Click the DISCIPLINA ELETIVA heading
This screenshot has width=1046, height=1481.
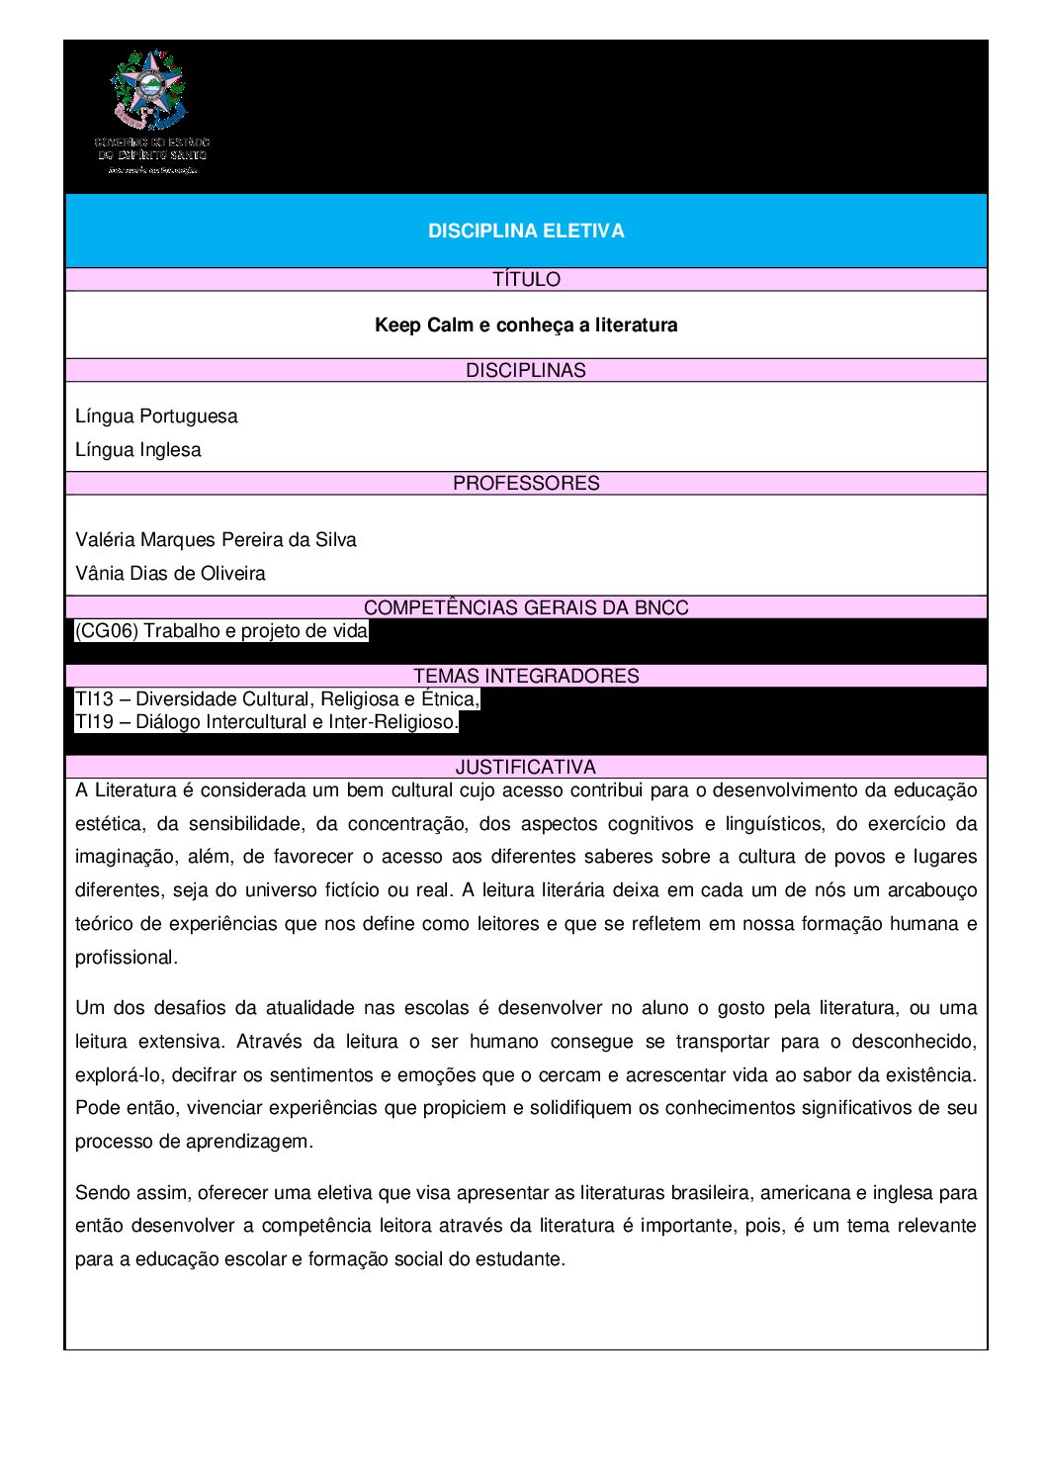(526, 231)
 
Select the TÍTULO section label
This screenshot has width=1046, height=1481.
(526, 280)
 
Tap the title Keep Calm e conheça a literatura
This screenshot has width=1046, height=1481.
(526, 324)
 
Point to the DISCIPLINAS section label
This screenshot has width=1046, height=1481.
(526, 370)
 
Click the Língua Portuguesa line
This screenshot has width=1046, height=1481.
(156, 416)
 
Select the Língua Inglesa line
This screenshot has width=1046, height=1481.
(137, 449)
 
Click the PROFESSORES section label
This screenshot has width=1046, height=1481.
(526, 483)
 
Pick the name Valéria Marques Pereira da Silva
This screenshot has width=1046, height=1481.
(216, 539)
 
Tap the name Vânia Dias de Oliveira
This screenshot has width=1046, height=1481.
(170, 573)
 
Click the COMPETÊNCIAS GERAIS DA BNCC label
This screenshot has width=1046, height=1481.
(526, 607)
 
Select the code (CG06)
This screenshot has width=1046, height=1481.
(107, 631)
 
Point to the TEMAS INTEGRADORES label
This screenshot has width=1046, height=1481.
(526, 676)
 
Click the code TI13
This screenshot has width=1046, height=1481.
(94, 699)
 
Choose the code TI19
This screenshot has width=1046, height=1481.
(94, 722)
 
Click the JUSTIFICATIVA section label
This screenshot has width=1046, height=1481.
(526, 767)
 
